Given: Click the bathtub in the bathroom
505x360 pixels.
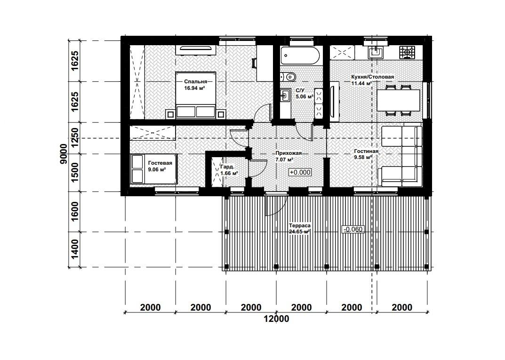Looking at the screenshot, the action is [x=300, y=56].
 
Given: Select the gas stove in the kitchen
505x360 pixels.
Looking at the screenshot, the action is [x=407, y=53].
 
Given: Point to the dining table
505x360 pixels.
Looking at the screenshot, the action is [x=398, y=100].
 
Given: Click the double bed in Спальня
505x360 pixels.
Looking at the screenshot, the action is [x=195, y=95].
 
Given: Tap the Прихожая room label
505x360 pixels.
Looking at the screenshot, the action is [x=289, y=153].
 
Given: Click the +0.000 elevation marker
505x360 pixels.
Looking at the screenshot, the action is [x=300, y=172].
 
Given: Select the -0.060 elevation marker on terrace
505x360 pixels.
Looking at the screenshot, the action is [x=353, y=229].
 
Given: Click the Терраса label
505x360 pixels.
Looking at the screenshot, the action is [x=299, y=226].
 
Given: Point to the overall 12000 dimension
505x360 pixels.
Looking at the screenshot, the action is [x=276, y=319].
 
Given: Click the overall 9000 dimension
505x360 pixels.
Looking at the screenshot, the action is [x=64, y=153].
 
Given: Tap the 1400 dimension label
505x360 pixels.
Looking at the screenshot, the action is [x=74, y=249].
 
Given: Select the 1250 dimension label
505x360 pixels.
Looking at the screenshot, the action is [x=74, y=137].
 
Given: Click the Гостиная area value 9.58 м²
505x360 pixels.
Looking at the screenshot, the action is [x=363, y=157].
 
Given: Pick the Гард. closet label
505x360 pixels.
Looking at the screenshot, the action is [x=227, y=167].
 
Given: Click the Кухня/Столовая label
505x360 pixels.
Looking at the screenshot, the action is [x=373, y=77].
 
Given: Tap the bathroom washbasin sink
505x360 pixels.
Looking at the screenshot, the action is [x=285, y=95].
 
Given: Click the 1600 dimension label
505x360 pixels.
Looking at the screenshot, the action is [x=74, y=212].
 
